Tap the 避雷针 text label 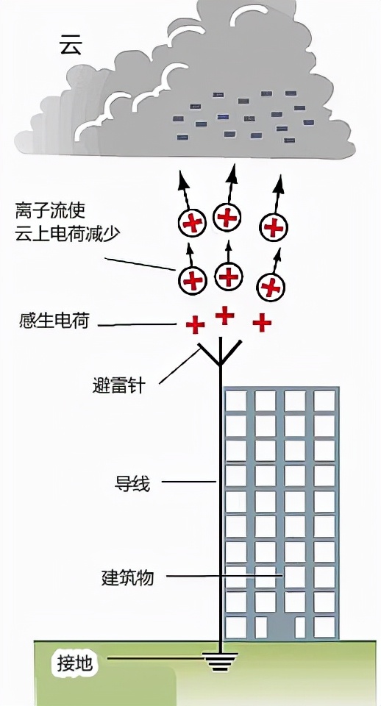[118, 385]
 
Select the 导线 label [132, 483]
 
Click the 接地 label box [76, 663]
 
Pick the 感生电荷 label [54, 321]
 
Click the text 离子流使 [50, 211]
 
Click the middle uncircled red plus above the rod [224, 315]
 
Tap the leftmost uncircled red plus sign [195, 324]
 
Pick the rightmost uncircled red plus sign [261, 321]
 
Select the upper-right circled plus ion [274, 227]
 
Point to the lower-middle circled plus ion [229, 276]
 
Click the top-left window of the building [235, 401]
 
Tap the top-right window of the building [324, 401]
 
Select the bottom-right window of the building [324, 627]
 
